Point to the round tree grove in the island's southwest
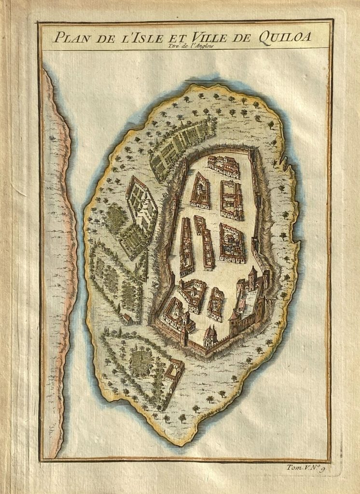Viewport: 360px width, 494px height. [x=141, y=359]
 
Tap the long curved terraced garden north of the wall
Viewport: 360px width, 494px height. [x=181, y=142]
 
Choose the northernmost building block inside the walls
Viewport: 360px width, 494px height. [x=223, y=165]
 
